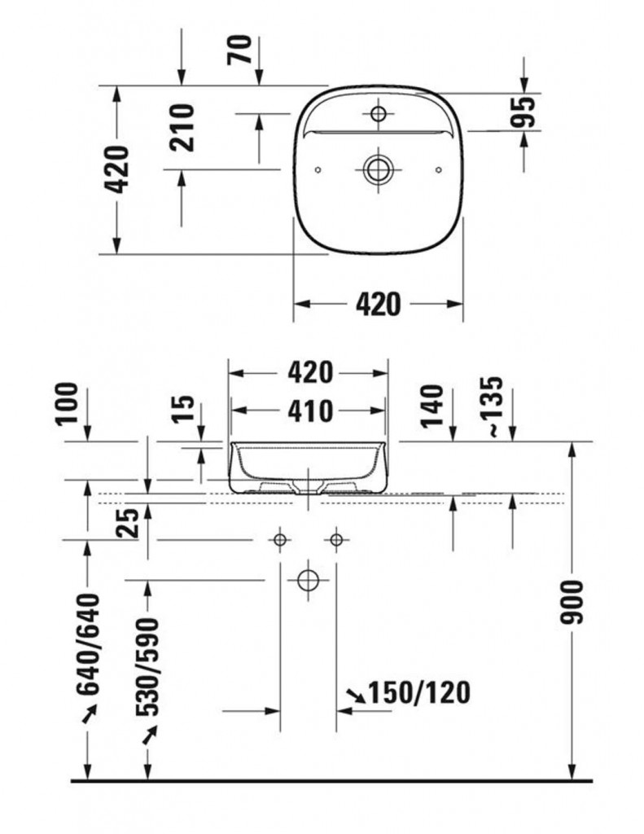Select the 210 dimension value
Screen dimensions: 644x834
click(x=182, y=128)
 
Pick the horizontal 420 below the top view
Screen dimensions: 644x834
click(x=378, y=305)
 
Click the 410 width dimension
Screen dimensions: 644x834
click(x=310, y=411)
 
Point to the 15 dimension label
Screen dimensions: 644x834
click(x=185, y=409)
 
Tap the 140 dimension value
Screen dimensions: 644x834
click(x=432, y=406)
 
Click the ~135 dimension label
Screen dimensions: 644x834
click(x=493, y=407)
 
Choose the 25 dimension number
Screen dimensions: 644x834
click(x=128, y=522)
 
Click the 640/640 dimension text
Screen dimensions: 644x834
click(x=88, y=644)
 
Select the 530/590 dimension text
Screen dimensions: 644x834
click(x=147, y=667)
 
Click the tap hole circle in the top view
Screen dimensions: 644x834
click(x=378, y=113)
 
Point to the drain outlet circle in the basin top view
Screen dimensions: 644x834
click(x=378, y=169)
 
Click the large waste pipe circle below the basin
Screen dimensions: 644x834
click(x=308, y=580)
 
